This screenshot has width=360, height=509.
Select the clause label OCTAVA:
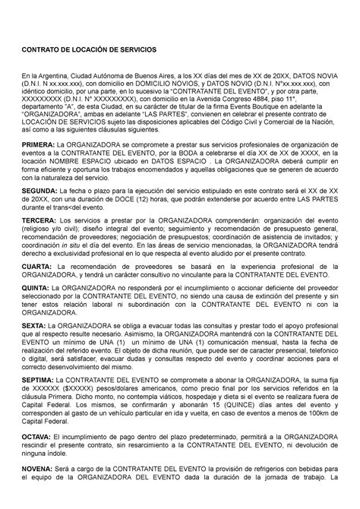[39, 457]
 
